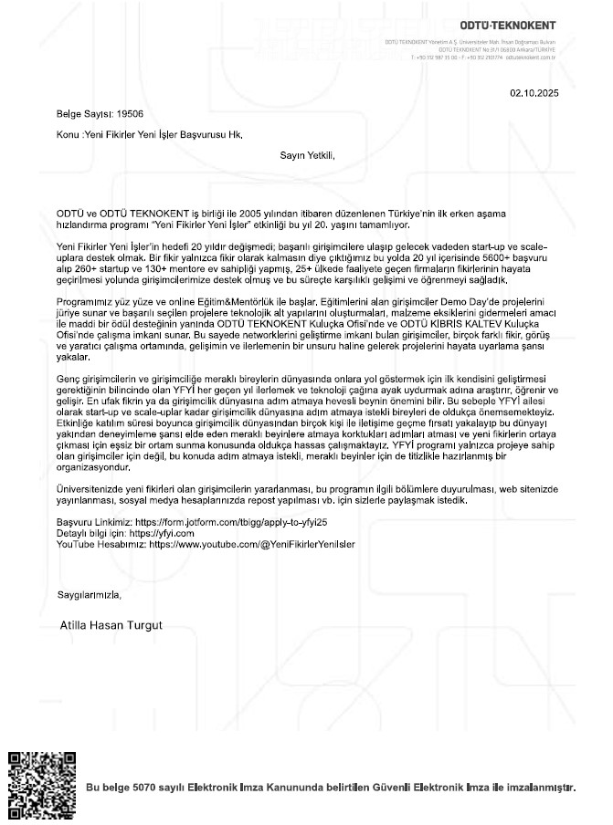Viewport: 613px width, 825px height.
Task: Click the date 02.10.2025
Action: tap(534, 93)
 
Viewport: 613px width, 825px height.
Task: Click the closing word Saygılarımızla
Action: tap(89, 594)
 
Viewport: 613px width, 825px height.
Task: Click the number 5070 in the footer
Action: tap(147, 787)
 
